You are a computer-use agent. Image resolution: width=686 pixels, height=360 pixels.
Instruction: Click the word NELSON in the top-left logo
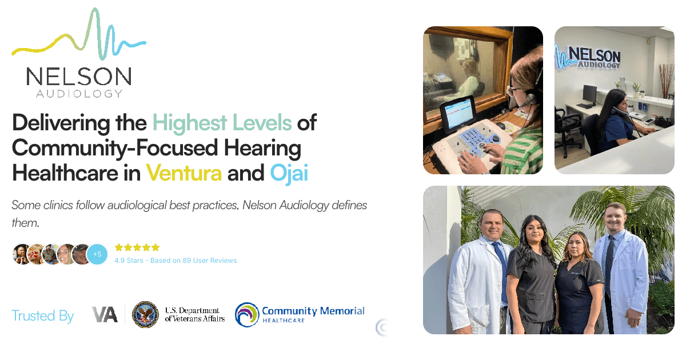click(x=78, y=77)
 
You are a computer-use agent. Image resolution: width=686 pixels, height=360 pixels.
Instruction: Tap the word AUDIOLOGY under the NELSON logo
click(x=79, y=93)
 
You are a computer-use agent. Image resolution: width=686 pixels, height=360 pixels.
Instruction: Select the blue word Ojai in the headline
click(x=289, y=172)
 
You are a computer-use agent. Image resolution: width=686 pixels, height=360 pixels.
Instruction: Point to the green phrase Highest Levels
click(x=222, y=122)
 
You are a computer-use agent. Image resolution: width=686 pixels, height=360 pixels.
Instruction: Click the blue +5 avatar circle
click(x=97, y=254)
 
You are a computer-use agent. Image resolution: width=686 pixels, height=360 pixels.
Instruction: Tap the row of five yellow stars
click(x=137, y=247)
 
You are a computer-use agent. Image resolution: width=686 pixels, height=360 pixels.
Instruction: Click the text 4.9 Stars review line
click(x=176, y=261)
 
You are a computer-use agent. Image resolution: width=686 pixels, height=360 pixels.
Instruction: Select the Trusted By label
click(x=43, y=315)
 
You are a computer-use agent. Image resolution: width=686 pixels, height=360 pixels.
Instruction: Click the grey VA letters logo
click(x=105, y=314)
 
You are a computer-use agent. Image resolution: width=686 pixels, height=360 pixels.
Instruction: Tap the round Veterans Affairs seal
click(x=145, y=315)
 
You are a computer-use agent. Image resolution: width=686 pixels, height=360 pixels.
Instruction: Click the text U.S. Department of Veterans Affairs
click(x=194, y=315)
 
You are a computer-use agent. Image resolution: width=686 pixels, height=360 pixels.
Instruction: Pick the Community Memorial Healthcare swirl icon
click(x=246, y=314)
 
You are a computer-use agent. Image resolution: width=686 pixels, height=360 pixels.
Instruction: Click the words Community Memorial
click(x=313, y=311)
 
